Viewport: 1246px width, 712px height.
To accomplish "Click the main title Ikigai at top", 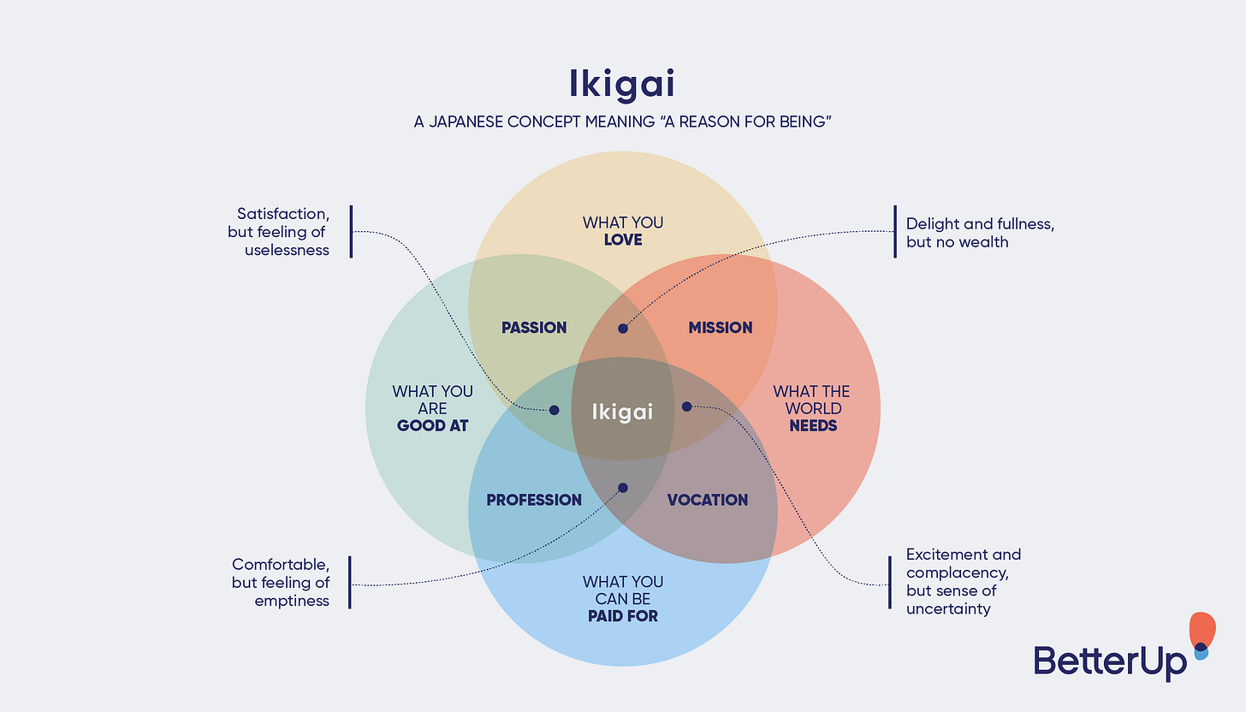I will tap(622, 83).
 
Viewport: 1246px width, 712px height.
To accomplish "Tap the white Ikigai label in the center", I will tap(622, 412).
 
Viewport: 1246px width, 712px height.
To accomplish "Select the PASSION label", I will tap(534, 328).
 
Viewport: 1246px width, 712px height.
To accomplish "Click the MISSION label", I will tap(721, 328).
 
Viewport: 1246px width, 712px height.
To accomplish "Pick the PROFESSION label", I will tap(534, 500).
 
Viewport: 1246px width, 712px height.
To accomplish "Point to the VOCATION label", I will tap(708, 500).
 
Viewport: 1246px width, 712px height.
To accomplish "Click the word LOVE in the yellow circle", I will tap(623, 240).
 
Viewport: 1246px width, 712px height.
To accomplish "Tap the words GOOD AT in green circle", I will tap(432, 425).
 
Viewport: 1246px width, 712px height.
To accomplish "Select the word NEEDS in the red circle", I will tap(812, 425).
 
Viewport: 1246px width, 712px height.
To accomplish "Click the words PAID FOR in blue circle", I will tap(623, 615).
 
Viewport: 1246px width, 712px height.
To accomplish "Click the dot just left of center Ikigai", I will tap(554, 410).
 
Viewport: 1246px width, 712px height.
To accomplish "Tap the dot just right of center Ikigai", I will tap(686, 406).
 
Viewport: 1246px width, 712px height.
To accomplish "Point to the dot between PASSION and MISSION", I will tap(623, 328).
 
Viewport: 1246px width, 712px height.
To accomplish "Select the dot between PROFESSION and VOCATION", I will tap(622, 488).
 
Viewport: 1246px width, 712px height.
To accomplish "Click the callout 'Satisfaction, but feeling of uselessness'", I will tap(281, 231).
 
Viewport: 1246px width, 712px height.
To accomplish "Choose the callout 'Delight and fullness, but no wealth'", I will tap(980, 233).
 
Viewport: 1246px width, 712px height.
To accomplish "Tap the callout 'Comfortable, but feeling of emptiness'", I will tap(281, 583).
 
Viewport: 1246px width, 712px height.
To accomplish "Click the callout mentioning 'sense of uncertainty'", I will tap(963, 582).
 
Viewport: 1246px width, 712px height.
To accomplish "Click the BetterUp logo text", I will tap(1110, 662).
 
